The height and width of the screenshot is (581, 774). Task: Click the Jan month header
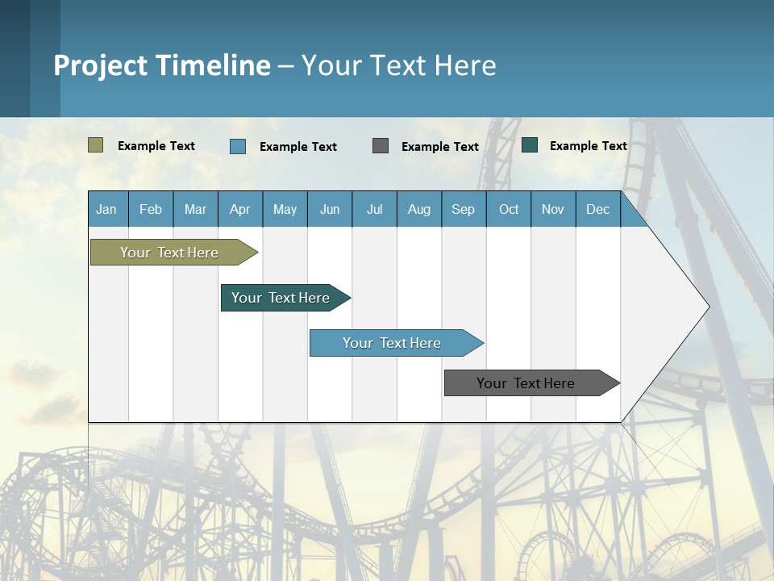pos(106,209)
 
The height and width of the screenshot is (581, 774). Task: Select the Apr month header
pos(239,209)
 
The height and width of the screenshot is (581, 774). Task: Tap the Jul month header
pos(374,209)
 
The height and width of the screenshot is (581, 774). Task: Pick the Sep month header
pos(463,209)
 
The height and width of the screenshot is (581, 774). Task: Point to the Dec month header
pos(597,209)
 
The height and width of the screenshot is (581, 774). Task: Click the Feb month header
pos(151,209)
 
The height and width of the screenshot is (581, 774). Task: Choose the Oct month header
pos(509,209)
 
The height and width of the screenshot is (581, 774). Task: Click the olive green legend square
pos(95,145)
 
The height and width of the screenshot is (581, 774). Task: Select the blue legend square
pos(238,146)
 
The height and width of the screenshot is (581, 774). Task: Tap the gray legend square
pos(381,145)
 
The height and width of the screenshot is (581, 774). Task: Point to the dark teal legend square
pos(530,145)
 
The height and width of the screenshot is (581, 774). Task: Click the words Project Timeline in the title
pos(161,65)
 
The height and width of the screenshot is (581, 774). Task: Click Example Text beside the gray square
pos(439,147)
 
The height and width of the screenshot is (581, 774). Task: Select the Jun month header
pos(330,209)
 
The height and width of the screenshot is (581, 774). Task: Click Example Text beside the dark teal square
pos(588,146)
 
